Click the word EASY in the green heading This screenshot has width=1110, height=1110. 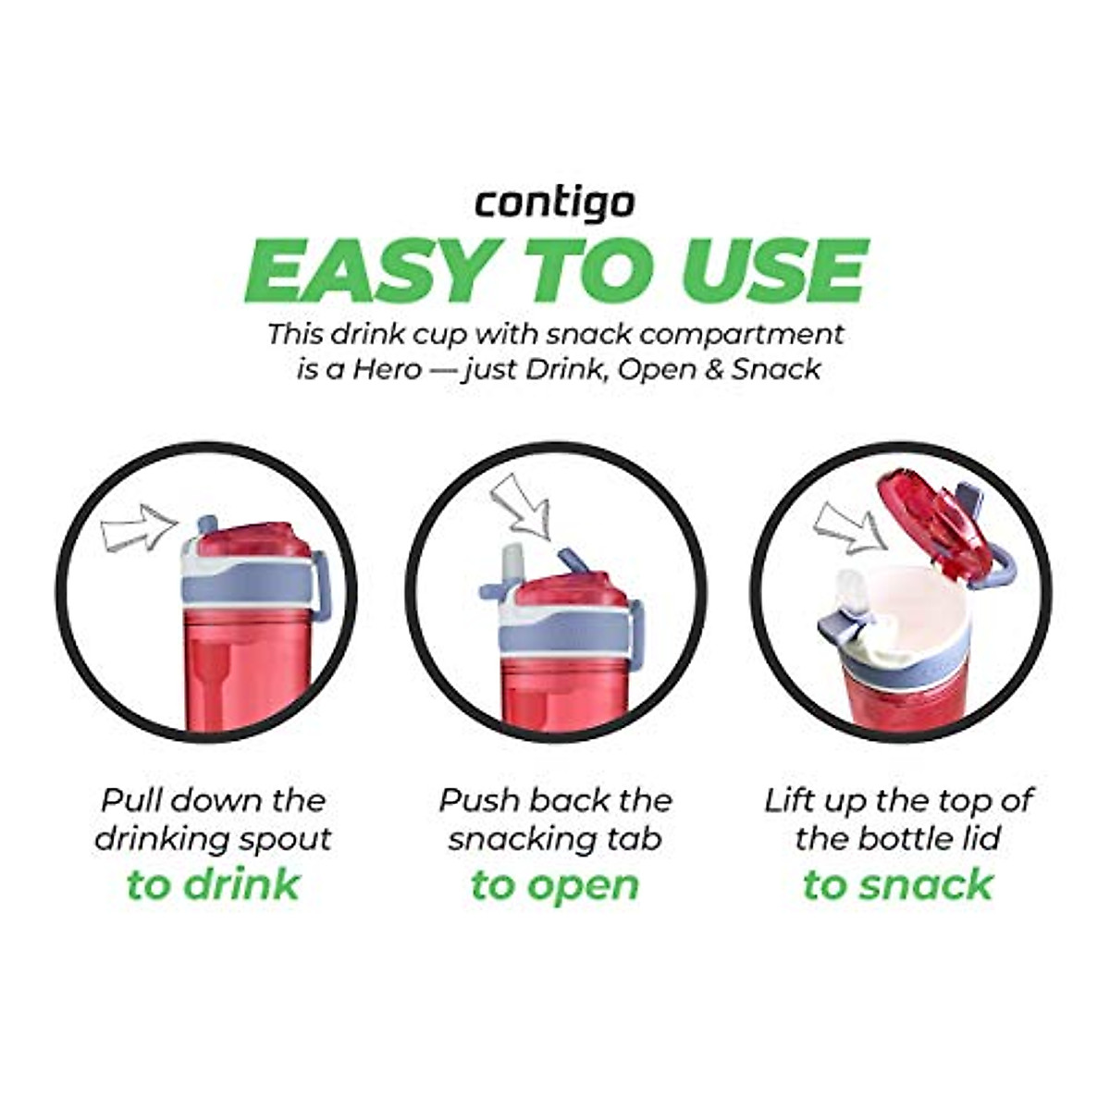357,269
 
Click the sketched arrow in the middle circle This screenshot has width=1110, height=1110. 521,505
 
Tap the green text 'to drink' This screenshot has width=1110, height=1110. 214,884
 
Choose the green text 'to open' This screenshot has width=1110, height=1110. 555,884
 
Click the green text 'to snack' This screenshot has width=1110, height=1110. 897,884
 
